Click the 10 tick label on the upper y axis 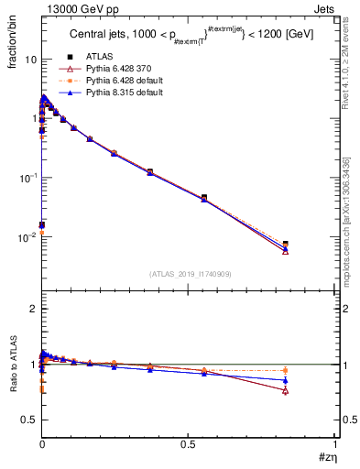tap(29, 60)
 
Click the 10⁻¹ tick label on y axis tap(27, 178)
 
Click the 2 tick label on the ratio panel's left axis tap(32, 309)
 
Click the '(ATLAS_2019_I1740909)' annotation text tap(189, 275)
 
